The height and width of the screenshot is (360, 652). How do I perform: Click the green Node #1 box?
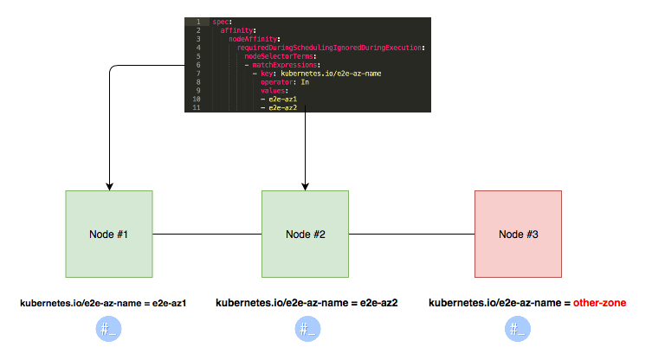(109, 234)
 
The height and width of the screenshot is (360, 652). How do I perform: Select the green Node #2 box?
(305, 234)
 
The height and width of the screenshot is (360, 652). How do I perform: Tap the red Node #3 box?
(518, 234)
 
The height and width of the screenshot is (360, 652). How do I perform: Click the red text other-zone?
(597, 304)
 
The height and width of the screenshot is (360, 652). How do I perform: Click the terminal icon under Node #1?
(108, 329)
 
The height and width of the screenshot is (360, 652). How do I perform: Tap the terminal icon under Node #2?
(306, 329)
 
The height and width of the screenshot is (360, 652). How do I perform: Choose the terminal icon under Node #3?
(518, 329)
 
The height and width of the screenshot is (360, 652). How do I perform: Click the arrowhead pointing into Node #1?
(109, 185)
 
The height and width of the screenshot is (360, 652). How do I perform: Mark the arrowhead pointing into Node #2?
(305, 185)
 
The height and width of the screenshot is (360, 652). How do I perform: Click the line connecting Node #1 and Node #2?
(207, 234)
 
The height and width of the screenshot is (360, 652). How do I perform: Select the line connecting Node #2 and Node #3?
(411, 234)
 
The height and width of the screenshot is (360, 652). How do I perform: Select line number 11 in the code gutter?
(197, 108)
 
